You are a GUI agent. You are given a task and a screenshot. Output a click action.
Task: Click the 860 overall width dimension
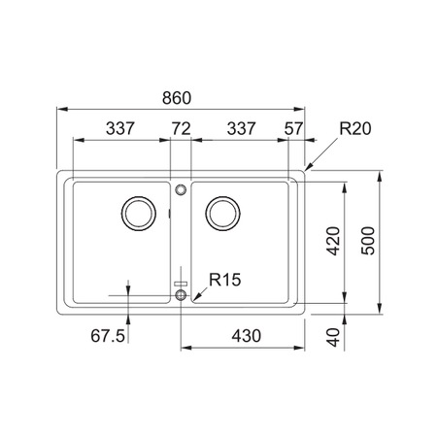coord(177,98)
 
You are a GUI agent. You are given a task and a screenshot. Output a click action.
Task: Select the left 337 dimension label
coord(119,128)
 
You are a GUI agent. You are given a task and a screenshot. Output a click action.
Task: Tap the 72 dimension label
coord(181,128)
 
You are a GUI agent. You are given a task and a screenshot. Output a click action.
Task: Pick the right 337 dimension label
coord(241,128)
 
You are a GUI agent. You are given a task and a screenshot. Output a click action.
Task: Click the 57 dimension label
coord(293,128)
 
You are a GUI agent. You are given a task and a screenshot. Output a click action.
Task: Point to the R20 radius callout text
coord(355,128)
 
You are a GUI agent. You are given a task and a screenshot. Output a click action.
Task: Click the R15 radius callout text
coord(225,280)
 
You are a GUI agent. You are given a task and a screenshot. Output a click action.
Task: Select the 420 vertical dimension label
coord(333,241)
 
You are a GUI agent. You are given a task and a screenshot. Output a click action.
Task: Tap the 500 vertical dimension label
coord(368,241)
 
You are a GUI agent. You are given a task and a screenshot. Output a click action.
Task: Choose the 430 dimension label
coord(246,336)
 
